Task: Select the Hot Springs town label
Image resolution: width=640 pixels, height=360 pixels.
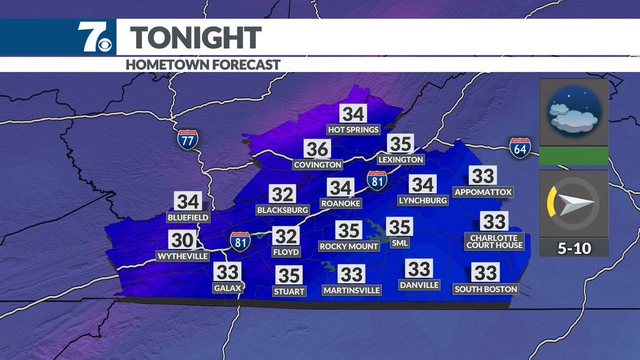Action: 353,130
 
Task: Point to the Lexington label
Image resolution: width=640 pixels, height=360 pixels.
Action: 401,159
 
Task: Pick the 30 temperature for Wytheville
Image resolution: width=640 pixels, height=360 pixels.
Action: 182,241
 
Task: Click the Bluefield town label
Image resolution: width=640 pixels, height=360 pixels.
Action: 188,218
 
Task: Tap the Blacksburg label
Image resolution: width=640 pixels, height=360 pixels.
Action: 283,210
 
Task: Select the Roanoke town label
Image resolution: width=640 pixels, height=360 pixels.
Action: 341,203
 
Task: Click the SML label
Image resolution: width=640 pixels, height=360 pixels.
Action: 399,243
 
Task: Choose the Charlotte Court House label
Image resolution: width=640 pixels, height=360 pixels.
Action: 494,241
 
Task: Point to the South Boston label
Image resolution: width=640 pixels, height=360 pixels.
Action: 485,289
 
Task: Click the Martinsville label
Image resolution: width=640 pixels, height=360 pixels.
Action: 351,290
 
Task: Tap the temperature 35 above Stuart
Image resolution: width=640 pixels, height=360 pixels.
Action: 290,275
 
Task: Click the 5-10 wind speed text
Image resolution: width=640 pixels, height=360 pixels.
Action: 574,249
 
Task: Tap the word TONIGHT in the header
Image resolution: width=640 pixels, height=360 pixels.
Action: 196,38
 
